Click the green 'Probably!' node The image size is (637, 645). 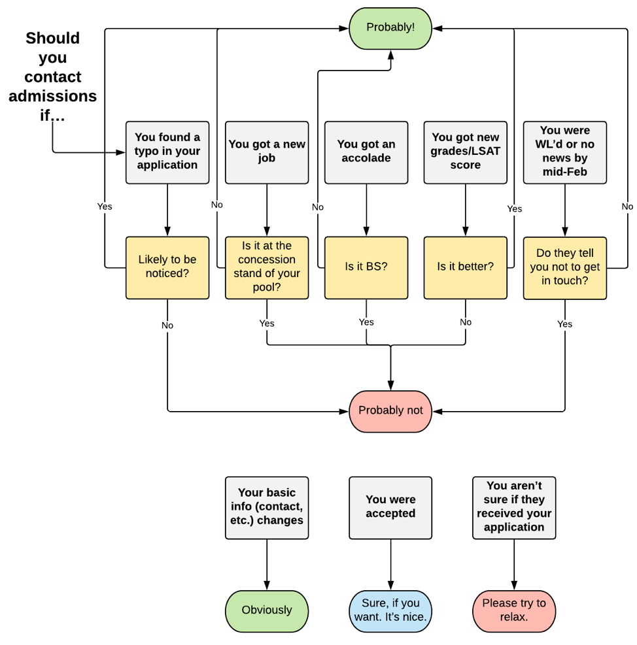point(390,27)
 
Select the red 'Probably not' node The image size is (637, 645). point(390,411)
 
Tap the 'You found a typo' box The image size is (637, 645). point(167,152)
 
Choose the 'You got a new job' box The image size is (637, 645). point(267,152)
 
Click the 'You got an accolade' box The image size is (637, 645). point(366,152)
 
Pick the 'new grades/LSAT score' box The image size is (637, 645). point(465,152)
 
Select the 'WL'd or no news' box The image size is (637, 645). point(565,152)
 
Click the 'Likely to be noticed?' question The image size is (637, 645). point(167,267)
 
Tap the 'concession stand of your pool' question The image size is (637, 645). point(267,267)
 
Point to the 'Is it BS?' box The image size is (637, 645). point(366,267)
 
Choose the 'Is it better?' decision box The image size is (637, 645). point(465,267)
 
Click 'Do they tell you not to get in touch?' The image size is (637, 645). point(565,267)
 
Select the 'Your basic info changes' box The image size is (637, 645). point(267,507)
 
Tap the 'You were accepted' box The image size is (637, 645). point(390,507)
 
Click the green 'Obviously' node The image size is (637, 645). point(267,610)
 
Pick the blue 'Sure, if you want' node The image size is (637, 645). point(390,610)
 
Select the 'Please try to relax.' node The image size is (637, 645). point(514,610)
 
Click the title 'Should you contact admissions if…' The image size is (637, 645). point(52,77)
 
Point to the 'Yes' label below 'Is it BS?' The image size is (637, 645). point(366,322)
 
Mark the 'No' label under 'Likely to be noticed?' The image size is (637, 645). point(167,325)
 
